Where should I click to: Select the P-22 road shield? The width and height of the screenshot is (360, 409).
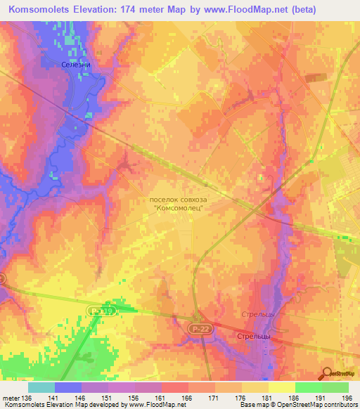(x=198, y=327)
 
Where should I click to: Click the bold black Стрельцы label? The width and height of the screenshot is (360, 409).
(x=243, y=337)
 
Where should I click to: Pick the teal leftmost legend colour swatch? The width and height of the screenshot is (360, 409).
(x=41, y=387)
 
